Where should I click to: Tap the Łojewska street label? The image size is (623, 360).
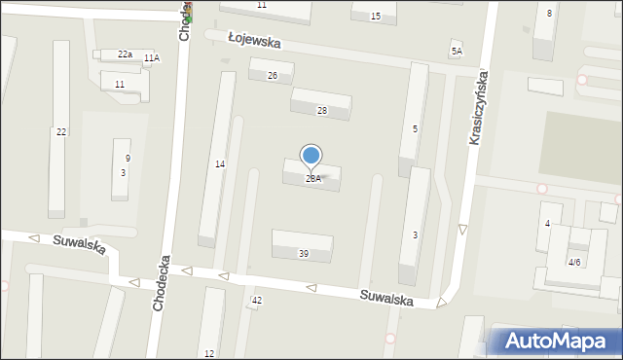(254, 43)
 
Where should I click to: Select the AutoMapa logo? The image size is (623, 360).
(553, 342)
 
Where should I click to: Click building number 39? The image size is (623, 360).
(304, 254)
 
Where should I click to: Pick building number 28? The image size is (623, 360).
(321, 111)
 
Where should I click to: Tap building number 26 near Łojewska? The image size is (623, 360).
(273, 76)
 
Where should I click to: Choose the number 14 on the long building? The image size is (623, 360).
(220, 164)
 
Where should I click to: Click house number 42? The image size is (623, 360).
(257, 301)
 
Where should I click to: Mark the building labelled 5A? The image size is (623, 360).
(456, 51)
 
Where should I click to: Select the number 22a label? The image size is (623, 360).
(125, 54)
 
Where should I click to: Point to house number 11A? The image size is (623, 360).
(151, 58)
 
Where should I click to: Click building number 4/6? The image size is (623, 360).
(574, 262)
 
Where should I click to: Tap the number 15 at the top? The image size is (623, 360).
(376, 17)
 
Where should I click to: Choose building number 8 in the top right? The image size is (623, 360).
(549, 13)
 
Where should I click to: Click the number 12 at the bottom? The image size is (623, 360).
(209, 353)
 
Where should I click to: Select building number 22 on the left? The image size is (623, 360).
(61, 131)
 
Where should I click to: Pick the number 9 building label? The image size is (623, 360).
(128, 159)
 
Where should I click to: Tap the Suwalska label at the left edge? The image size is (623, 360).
(80, 244)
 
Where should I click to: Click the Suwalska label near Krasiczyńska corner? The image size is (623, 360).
(385, 296)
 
